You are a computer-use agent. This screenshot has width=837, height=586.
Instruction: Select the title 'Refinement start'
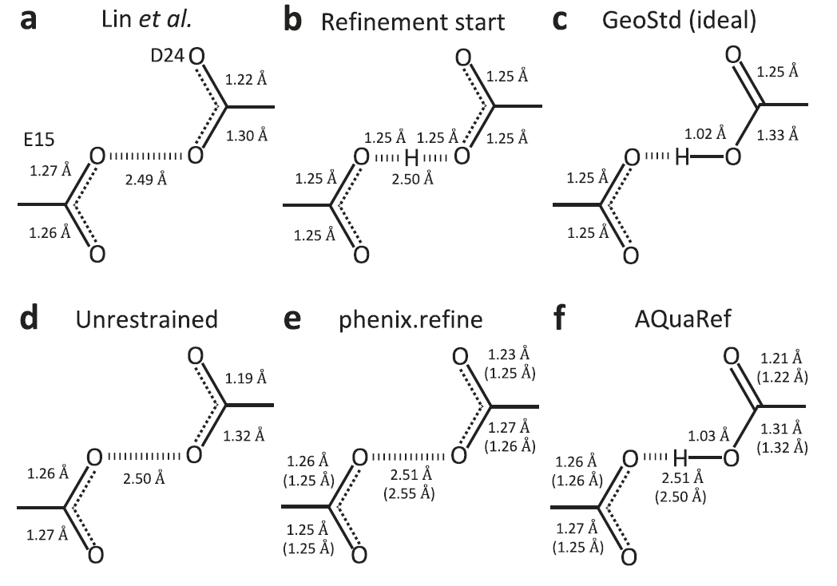tap(413, 22)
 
